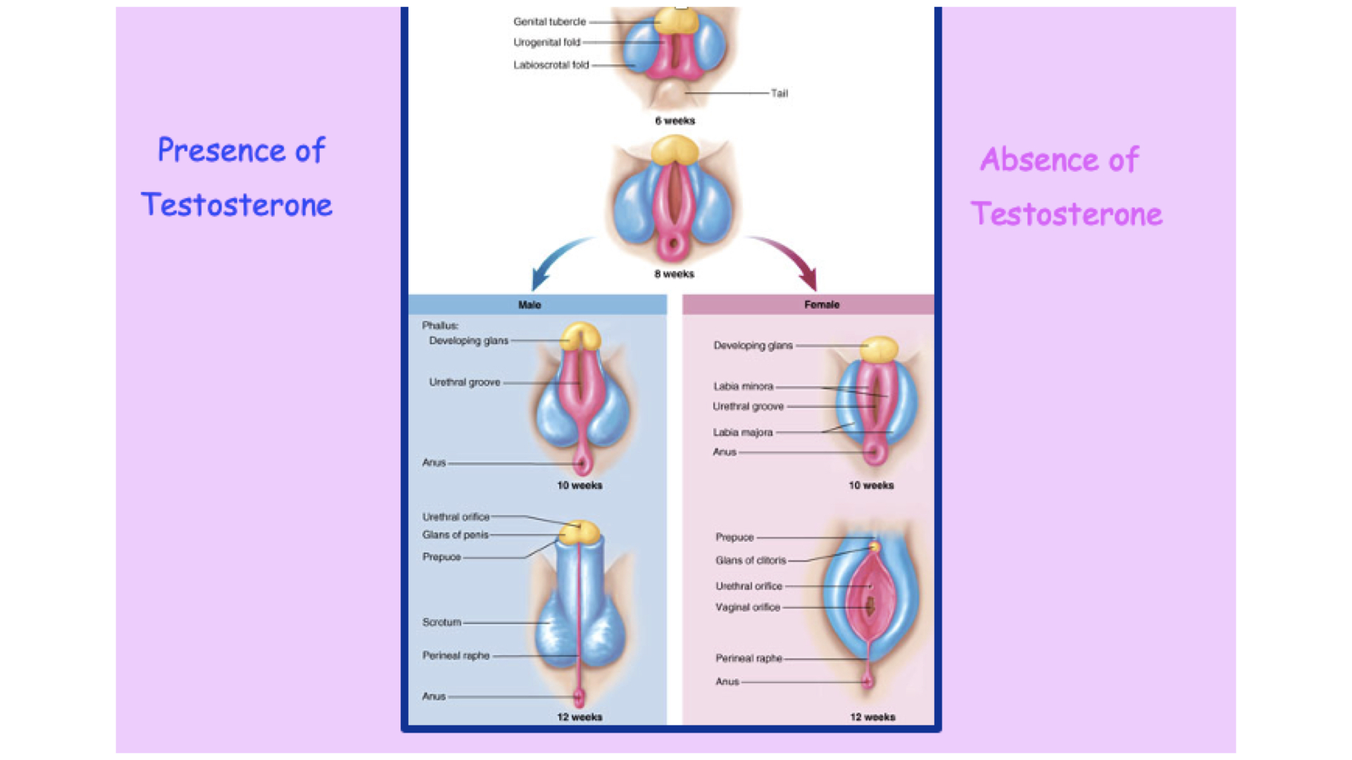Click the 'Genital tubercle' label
click(549, 22)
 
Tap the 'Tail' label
click(779, 93)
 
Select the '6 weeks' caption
click(675, 121)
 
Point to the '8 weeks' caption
click(674, 274)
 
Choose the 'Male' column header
click(530, 305)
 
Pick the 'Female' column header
click(822, 305)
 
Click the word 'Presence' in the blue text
click(221, 151)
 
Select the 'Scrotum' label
click(442, 622)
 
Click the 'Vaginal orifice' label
click(748, 607)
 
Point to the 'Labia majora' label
click(743, 432)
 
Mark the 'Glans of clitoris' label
click(751, 560)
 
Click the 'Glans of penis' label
click(455, 535)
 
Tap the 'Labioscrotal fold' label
click(551, 65)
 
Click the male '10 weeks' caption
click(580, 486)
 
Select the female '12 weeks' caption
click(872, 717)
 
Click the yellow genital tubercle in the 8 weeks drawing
click(675, 149)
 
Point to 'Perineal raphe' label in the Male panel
click(456, 655)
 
